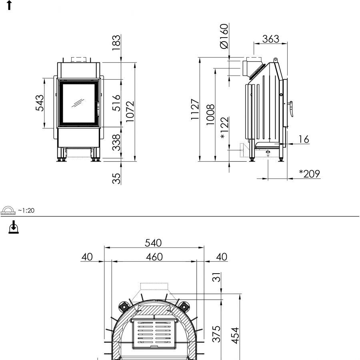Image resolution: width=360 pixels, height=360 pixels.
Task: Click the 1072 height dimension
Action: tap(130, 112)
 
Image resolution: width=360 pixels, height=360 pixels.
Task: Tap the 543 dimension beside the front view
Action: tap(40, 103)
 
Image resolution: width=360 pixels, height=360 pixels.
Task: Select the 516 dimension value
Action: tap(116, 103)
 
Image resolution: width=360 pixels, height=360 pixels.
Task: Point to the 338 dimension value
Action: tap(116, 142)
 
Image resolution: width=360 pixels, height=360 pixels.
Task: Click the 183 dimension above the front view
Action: tap(116, 43)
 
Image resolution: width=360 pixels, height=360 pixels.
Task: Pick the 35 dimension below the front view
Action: tap(116, 178)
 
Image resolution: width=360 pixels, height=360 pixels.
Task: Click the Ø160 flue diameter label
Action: tap(224, 36)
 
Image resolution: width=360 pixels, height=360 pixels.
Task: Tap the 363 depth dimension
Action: tap(271, 39)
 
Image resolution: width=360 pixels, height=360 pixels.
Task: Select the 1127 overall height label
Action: tap(195, 109)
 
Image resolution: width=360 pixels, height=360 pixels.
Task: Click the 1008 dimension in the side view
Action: tap(210, 114)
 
